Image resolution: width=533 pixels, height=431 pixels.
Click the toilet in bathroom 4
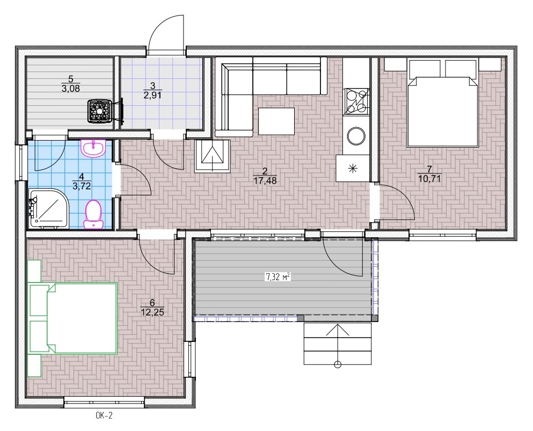[x=93, y=214]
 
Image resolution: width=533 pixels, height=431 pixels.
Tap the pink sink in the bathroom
[x=93, y=148]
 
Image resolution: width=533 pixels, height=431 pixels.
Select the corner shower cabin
[x=49, y=208]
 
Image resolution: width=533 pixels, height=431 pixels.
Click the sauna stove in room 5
[x=100, y=111]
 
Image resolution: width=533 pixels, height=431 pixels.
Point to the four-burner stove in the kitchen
[x=356, y=101]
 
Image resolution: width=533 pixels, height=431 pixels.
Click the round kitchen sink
[x=356, y=136]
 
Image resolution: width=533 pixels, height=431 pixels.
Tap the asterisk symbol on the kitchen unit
[x=353, y=168]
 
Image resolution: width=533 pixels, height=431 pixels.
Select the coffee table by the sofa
[x=276, y=121]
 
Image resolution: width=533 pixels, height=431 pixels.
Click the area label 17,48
[x=265, y=181]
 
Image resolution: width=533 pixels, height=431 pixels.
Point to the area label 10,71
[x=429, y=179]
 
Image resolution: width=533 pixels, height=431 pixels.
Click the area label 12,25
[x=152, y=312]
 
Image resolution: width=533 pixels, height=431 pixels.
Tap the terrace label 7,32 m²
[x=278, y=277]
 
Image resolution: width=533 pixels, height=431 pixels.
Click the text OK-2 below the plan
[x=104, y=415]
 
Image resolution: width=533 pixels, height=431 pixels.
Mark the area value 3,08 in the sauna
[x=71, y=89]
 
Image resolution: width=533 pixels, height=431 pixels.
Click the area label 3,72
[x=81, y=186]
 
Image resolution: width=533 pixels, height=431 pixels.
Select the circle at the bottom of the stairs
[x=338, y=365]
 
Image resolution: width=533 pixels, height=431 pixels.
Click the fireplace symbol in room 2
[x=213, y=156]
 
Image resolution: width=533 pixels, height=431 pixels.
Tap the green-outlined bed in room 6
[x=73, y=318]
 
